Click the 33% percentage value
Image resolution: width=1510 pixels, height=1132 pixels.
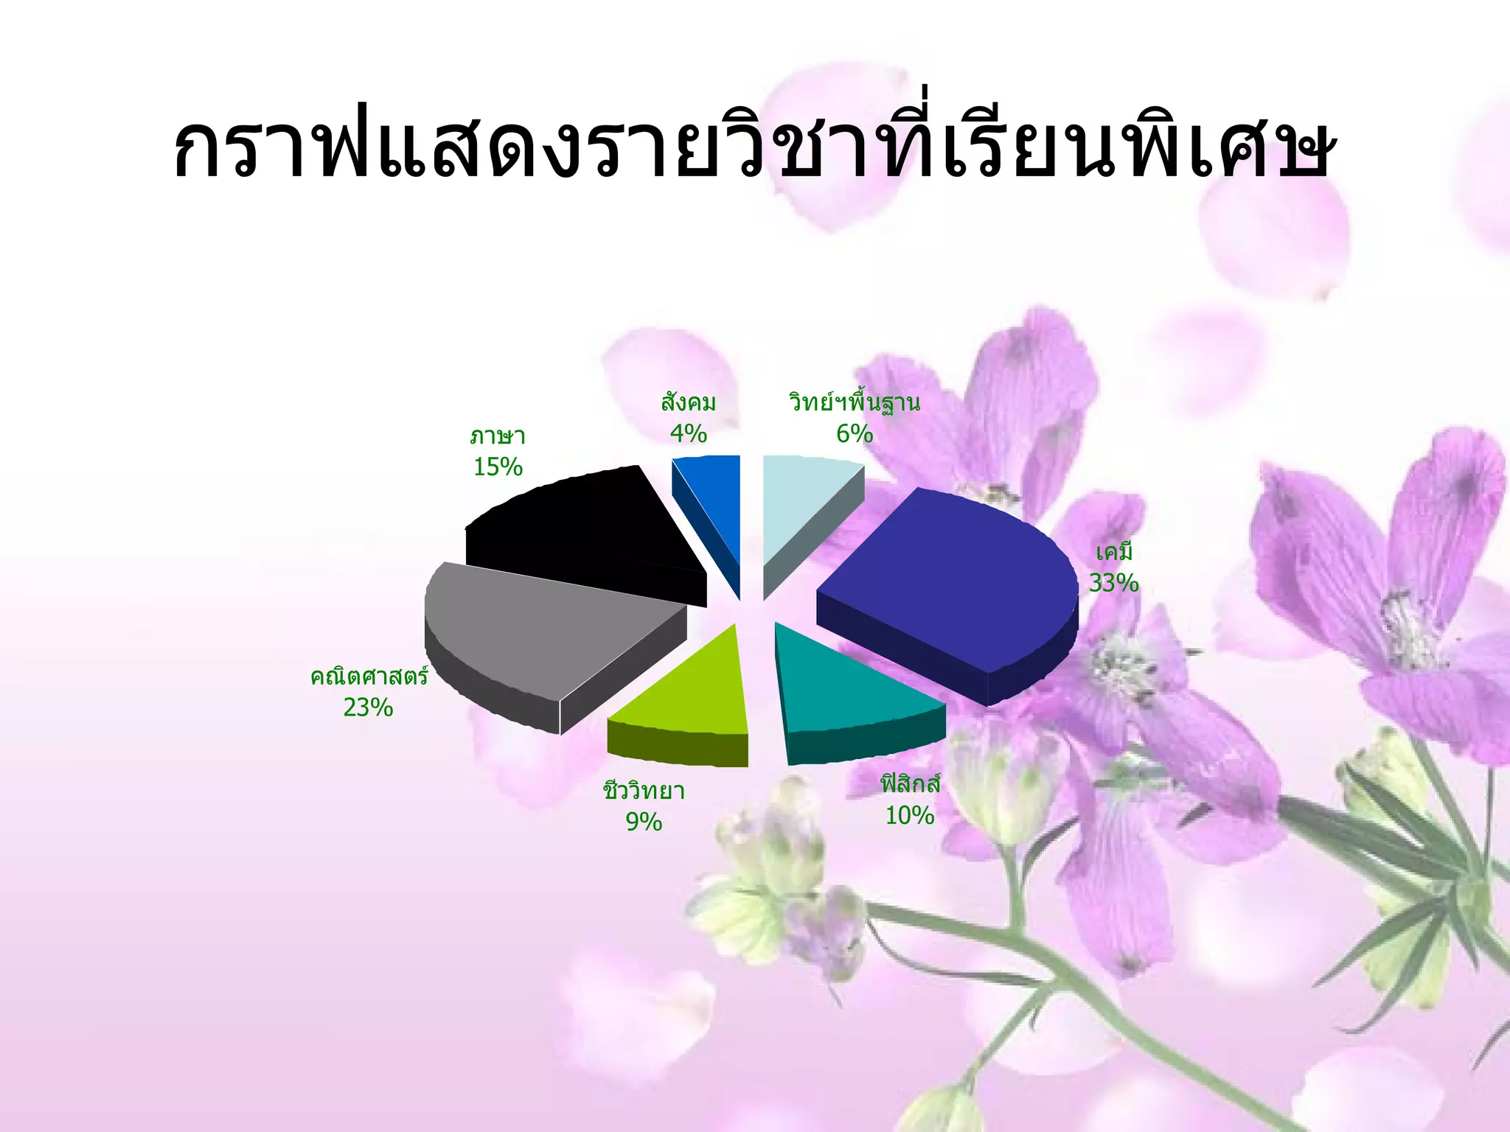pos(1113,583)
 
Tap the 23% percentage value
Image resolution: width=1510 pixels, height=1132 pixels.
pos(368,707)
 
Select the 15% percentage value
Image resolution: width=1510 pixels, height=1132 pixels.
pos(498,467)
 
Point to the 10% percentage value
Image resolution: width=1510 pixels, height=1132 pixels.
pos(909,815)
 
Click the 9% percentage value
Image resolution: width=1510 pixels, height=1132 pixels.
pos(644,822)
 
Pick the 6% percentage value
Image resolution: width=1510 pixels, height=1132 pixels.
pos(854,434)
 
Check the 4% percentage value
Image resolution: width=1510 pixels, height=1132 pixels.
pos(688,433)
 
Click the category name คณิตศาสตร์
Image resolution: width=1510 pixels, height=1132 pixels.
pos(369,676)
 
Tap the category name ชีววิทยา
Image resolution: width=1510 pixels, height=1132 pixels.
pos(644,791)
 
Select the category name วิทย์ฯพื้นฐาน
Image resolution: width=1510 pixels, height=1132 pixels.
pos(854,403)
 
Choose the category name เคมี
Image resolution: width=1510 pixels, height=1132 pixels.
pos(1113,552)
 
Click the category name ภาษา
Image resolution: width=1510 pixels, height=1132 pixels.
pos(498,436)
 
